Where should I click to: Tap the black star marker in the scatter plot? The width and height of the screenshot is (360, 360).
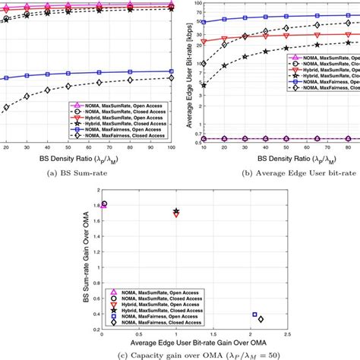[176, 210]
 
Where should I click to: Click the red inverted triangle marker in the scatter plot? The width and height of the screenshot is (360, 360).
[176, 214]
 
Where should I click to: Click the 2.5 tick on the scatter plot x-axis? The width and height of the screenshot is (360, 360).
[286, 331]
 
